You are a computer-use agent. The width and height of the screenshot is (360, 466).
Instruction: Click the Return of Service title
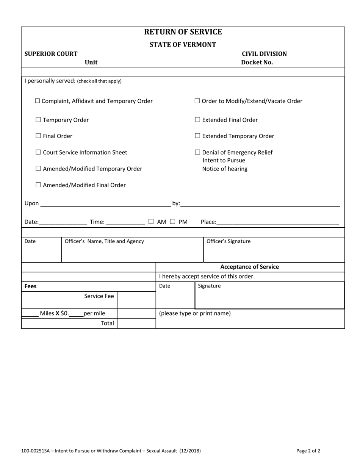click(x=183, y=32)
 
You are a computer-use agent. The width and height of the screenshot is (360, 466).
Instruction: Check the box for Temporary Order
click(x=38, y=120)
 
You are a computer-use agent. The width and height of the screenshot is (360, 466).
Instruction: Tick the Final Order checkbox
click(x=38, y=136)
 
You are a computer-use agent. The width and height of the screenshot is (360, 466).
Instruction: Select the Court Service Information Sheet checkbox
click(x=38, y=152)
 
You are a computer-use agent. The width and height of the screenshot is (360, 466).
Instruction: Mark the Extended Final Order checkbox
click(x=197, y=120)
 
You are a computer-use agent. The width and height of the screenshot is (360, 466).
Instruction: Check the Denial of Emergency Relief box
click(x=197, y=152)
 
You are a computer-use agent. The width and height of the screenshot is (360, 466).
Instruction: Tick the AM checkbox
click(x=151, y=222)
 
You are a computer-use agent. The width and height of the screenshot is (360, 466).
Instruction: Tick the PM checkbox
click(x=172, y=222)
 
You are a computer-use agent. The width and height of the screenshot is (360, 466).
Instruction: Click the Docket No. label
click(x=257, y=63)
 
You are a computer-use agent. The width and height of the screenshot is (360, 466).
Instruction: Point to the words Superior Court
click(x=51, y=54)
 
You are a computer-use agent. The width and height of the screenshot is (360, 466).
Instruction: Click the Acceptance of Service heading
click(x=249, y=267)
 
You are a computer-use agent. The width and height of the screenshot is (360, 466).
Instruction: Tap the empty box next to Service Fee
click(x=136, y=300)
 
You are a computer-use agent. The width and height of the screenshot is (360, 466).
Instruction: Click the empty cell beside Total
click(x=136, y=324)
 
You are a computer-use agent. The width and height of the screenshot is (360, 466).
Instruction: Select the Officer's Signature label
click(x=228, y=241)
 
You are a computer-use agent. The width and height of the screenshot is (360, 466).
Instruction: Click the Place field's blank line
click(x=277, y=222)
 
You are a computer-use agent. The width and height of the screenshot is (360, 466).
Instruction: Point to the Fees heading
click(x=30, y=286)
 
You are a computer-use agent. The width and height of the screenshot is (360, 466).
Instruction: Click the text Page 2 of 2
click(x=308, y=451)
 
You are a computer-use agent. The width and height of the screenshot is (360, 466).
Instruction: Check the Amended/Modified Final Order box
click(x=38, y=185)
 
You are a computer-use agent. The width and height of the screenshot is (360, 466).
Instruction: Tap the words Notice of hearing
click(x=225, y=169)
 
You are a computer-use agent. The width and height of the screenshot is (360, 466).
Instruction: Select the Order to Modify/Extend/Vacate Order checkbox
click(x=197, y=101)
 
